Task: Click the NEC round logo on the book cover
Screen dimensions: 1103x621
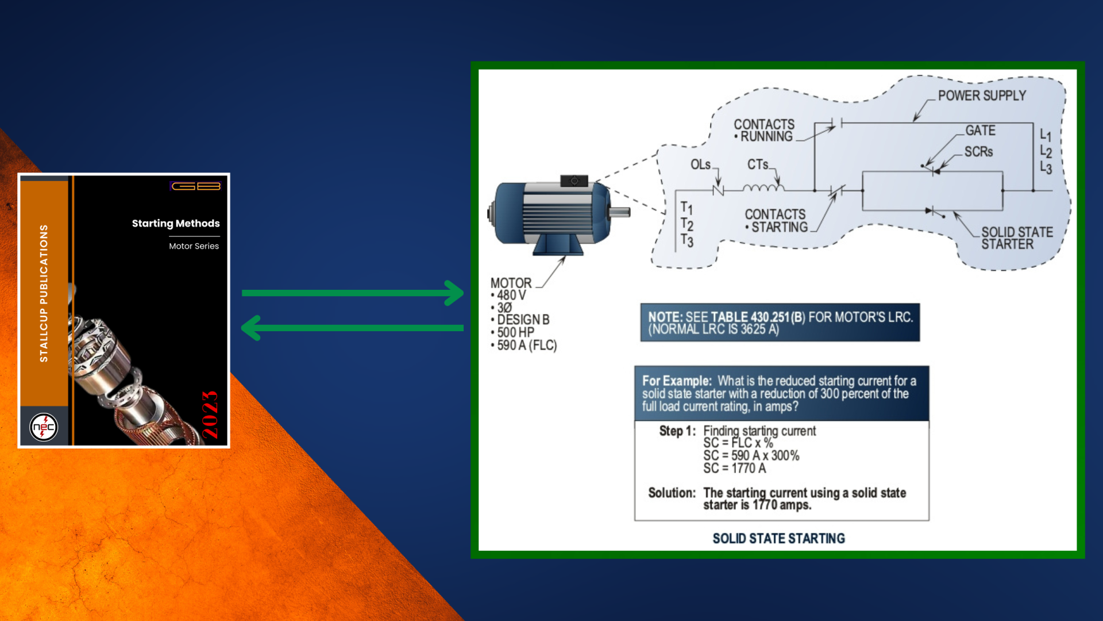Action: click(x=44, y=427)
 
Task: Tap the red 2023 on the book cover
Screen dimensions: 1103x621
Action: click(x=210, y=415)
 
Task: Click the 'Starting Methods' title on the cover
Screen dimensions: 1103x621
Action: click(x=176, y=223)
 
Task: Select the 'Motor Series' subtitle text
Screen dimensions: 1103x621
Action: click(x=194, y=246)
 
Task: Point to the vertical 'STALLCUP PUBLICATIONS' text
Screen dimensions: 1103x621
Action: click(x=44, y=293)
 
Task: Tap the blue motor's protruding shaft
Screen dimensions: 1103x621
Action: click(x=620, y=212)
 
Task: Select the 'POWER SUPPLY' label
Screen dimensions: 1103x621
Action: click(x=982, y=95)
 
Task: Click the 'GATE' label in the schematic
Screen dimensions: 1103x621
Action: click(x=980, y=131)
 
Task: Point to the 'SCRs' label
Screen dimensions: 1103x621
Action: click(x=978, y=152)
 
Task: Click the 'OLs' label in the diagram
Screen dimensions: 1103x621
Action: click(x=700, y=165)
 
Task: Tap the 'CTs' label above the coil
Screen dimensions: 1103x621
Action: click(x=758, y=164)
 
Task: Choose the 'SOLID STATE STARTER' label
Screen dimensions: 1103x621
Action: click(x=1017, y=238)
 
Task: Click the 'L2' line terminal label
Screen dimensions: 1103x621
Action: click(x=1046, y=152)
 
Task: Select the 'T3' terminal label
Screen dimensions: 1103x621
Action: click(x=687, y=240)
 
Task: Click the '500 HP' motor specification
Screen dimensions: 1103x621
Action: click(x=515, y=332)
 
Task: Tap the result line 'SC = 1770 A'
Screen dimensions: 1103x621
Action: click(x=735, y=468)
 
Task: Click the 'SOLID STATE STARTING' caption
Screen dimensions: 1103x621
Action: click(x=779, y=538)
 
